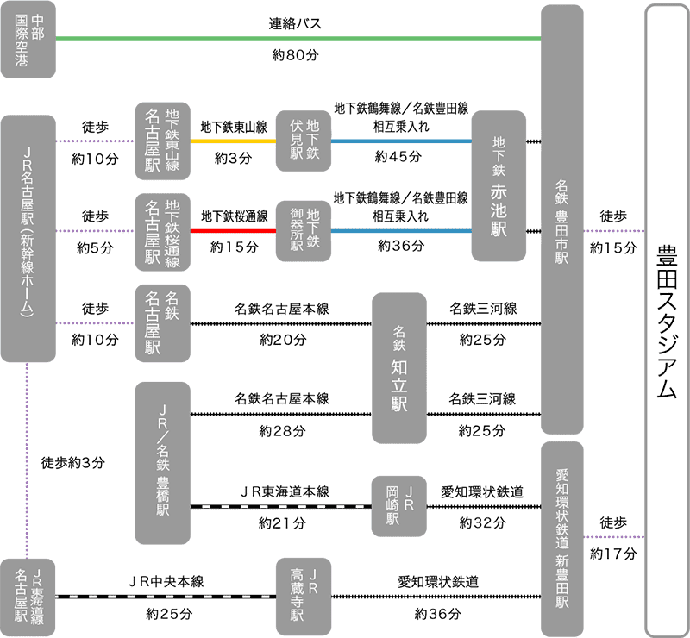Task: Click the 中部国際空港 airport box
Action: pyautogui.click(x=28, y=41)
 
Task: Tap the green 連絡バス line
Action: pyautogui.click(x=293, y=38)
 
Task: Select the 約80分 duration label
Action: pyautogui.click(x=293, y=56)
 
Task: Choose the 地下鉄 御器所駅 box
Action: pyautogui.click(x=303, y=231)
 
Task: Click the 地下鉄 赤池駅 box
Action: pyautogui.click(x=499, y=186)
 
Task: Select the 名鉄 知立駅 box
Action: pyautogui.click(x=399, y=368)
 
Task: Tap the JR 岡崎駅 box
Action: pyautogui.click(x=399, y=506)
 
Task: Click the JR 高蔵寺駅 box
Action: pyautogui.click(x=303, y=596)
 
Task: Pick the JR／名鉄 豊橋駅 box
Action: pyautogui.click(x=163, y=463)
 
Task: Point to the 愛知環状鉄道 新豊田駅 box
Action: pyautogui.click(x=562, y=539)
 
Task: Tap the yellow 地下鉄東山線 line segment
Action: pyautogui.click(x=233, y=141)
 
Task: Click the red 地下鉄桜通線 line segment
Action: pyautogui.click(x=233, y=231)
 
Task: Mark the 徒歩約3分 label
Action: pyautogui.click(x=73, y=462)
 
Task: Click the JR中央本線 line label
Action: pyautogui.click(x=166, y=581)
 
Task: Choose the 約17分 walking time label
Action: pyautogui.click(x=613, y=553)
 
